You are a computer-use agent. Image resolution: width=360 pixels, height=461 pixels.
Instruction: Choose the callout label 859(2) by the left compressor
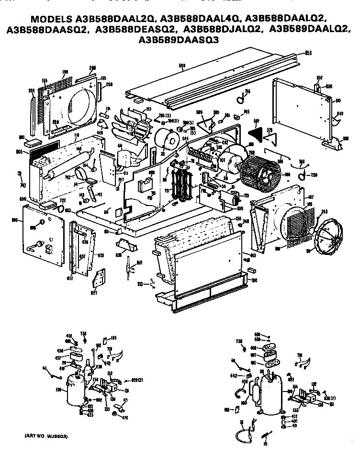coord(138,380)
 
